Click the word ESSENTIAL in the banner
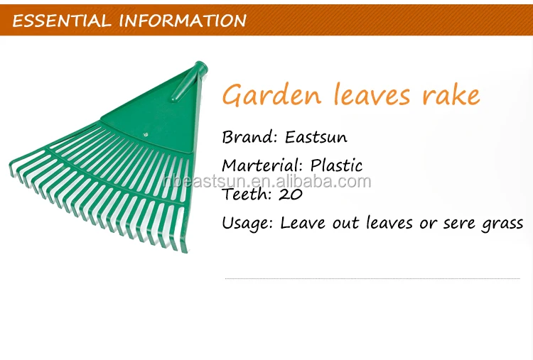pyautogui.click(x=63, y=21)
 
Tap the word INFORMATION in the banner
pyautogui.click(x=183, y=21)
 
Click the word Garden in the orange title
pyautogui.click(x=272, y=94)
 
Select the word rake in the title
pyautogui.click(x=451, y=94)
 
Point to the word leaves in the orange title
pyautogui.click(x=372, y=94)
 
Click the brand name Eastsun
pyautogui.click(x=316, y=137)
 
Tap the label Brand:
pyautogui.click(x=250, y=137)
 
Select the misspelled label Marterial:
pyautogui.click(x=262, y=165)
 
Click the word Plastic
pyautogui.click(x=336, y=165)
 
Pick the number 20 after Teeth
pyautogui.click(x=291, y=195)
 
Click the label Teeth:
pyautogui.click(x=247, y=194)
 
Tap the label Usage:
pyautogui.click(x=247, y=224)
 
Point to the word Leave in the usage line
pyautogui.click(x=303, y=223)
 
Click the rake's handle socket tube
pyautogui.click(x=190, y=82)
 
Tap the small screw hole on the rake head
pyautogui.click(x=146, y=135)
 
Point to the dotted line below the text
pyautogui.click(x=372, y=278)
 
